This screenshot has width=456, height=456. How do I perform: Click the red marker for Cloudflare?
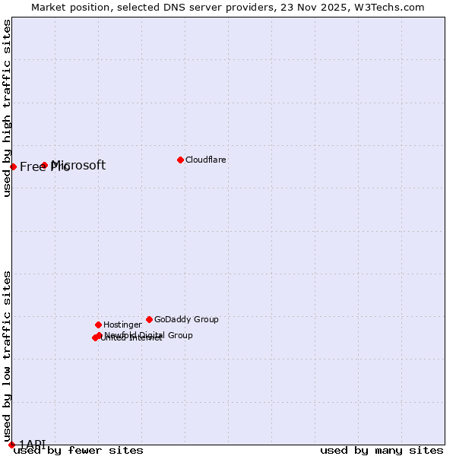[x=180, y=160]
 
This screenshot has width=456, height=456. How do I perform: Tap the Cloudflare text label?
[x=206, y=160]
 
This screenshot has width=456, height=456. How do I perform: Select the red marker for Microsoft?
[x=45, y=165]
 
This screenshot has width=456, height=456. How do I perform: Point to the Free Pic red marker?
[x=13, y=166]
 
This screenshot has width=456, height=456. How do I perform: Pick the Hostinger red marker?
[x=98, y=325]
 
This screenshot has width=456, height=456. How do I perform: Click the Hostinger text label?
[x=122, y=325]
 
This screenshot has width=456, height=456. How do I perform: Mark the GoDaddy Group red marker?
[x=149, y=319]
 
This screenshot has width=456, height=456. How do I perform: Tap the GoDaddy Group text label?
[x=186, y=320]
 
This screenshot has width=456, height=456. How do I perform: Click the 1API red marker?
[x=11, y=445]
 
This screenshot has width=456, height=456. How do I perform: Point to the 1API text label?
[x=32, y=445]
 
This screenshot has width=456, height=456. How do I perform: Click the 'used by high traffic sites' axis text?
[x=8, y=108]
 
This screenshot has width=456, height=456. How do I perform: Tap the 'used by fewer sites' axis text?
[x=78, y=451]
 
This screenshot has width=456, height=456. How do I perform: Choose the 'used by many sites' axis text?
[x=382, y=451]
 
